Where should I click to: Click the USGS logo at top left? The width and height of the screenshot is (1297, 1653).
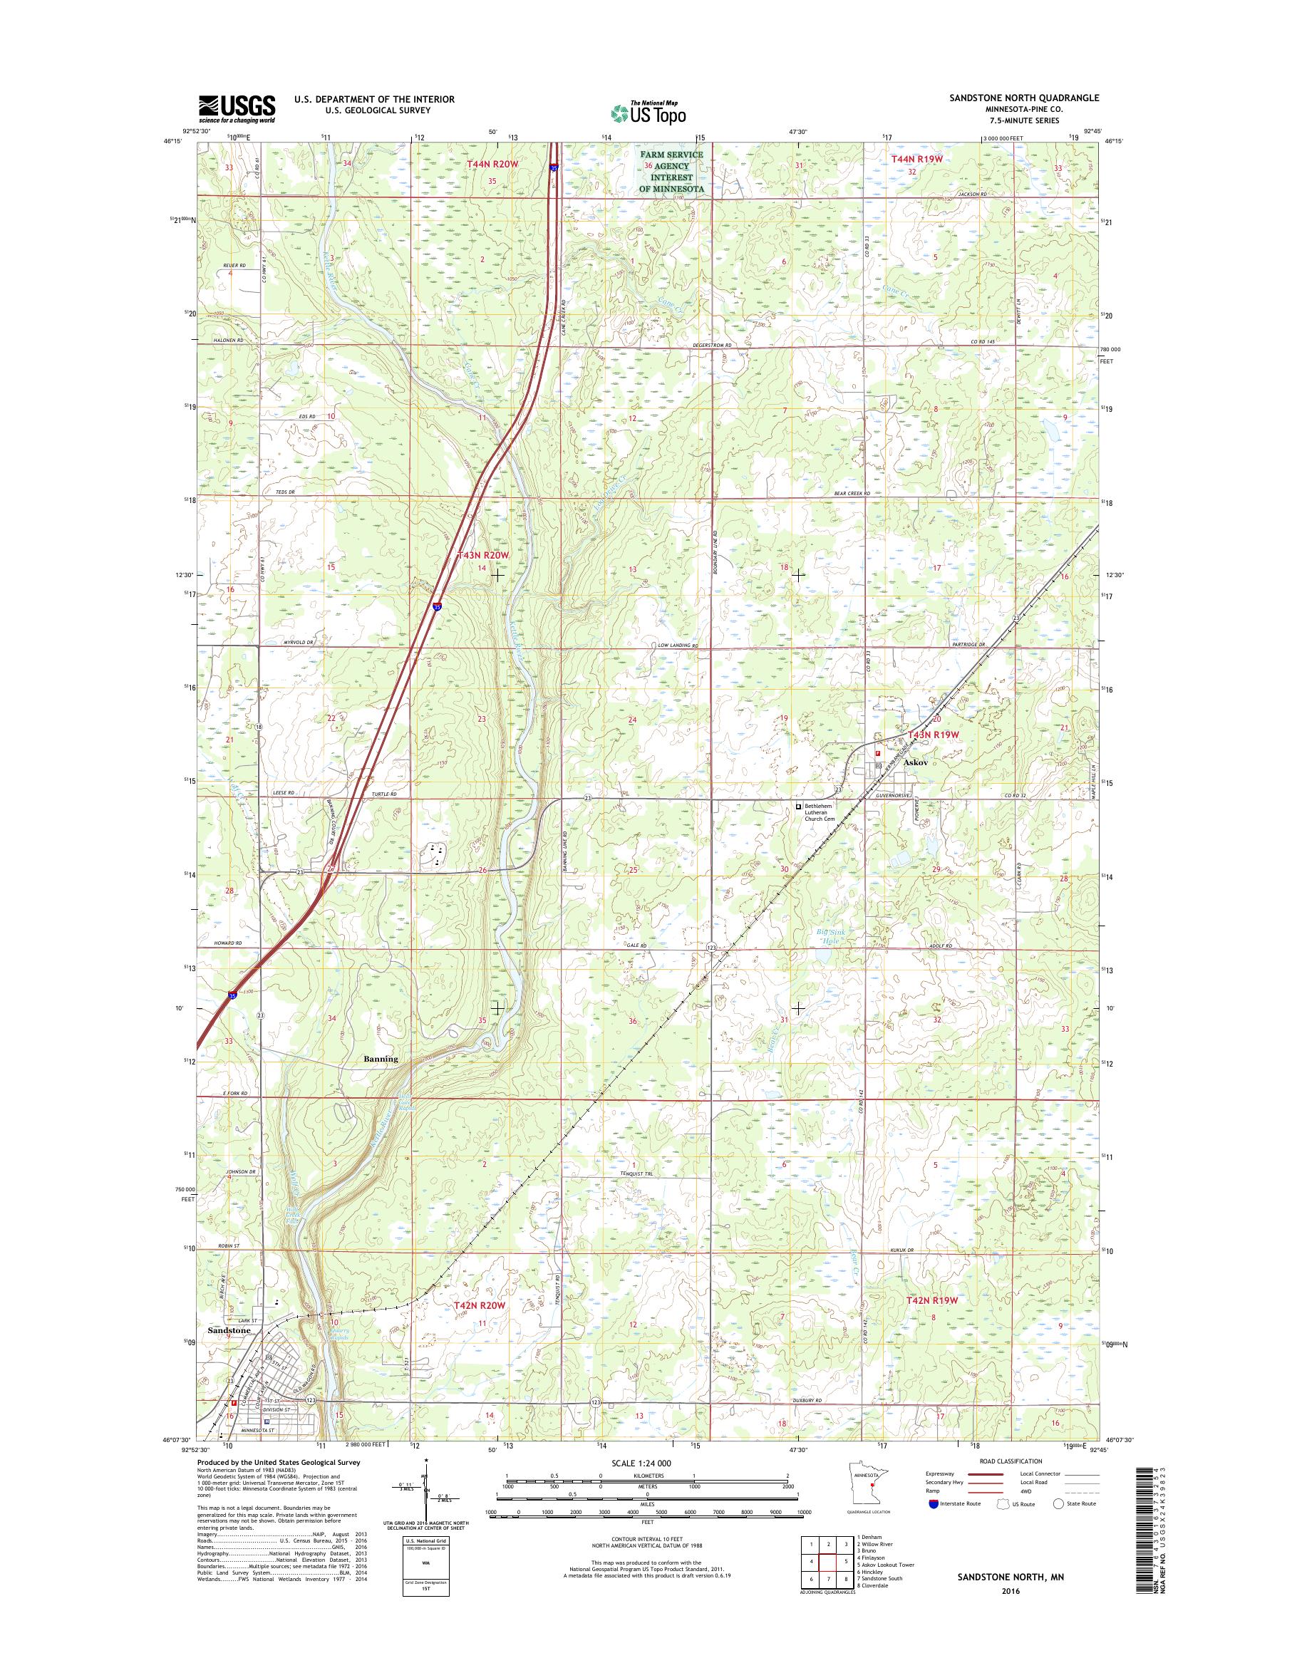(x=236, y=108)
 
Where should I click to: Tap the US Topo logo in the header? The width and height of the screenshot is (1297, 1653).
(x=648, y=113)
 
